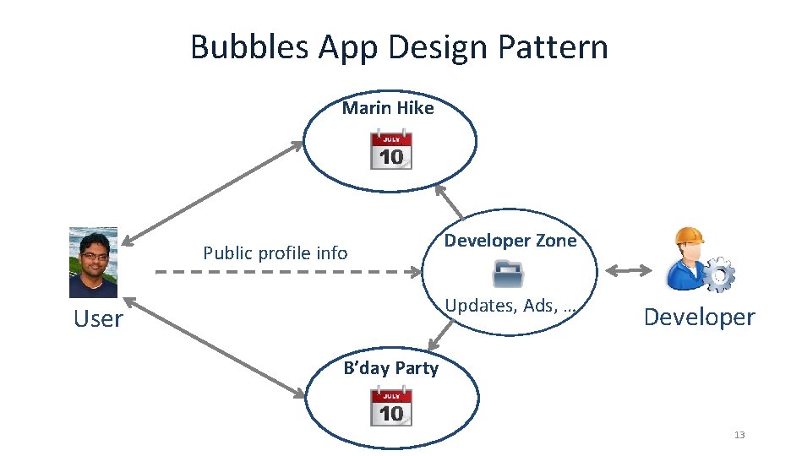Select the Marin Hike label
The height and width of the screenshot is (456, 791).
pyautogui.click(x=388, y=108)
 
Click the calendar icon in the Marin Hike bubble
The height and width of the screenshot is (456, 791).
pyautogui.click(x=391, y=149)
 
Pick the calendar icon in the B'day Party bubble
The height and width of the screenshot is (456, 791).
pyautogui.click(x=391, y=406)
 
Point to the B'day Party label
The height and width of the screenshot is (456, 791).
pyautogui.click(x=391, y=368)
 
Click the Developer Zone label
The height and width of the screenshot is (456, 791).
pyautogui.click(x=510, y=241)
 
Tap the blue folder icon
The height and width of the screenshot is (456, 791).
pyautogui.click(x=509, y=274)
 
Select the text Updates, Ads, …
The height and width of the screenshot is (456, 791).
pyautogui.click(x=510, y=306)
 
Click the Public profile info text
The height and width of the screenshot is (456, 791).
pyautogui.click(x=275, y=252)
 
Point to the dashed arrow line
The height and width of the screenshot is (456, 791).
pyautogui.click(x=287, y=272)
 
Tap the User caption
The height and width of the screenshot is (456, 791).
pyautogui.click(x=97, y=319)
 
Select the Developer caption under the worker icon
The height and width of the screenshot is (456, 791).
pyautogui.click(x=699, y=318)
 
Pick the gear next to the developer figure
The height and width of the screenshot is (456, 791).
pyautogui.click(x=718, y=275)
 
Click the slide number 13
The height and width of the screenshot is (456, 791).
pyautogui.click(x=740, y=435)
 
